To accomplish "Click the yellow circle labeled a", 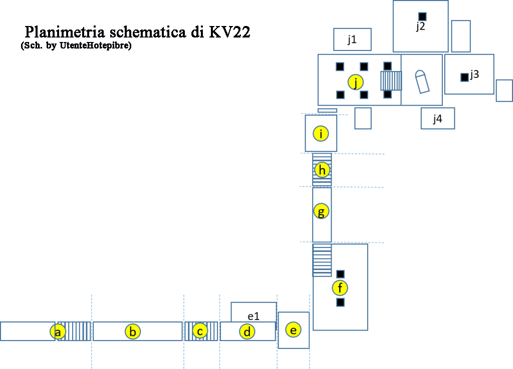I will coord(58,331).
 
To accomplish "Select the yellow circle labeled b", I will coord(133,331).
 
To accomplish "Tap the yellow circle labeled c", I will coord(200,331).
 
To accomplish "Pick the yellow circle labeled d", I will coord(247,331).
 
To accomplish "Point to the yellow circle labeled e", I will coord(294,330).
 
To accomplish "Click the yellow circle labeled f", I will coord(341,288).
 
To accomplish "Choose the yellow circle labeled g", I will coord(321,211).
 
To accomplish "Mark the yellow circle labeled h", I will coord(322,170).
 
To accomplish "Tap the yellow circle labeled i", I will coord(321,133).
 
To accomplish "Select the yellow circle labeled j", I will coord(356,82).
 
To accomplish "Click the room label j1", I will coord(352,40).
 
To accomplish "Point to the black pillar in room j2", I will coord(422,16).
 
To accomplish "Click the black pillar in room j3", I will coord(464,77).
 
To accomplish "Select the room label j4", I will coord(437,119).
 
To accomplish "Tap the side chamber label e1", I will coord(253,316).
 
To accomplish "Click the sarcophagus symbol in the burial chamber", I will coord(422,82).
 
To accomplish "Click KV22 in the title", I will coord(229,32).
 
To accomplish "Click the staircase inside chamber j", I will coord(391,80).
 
